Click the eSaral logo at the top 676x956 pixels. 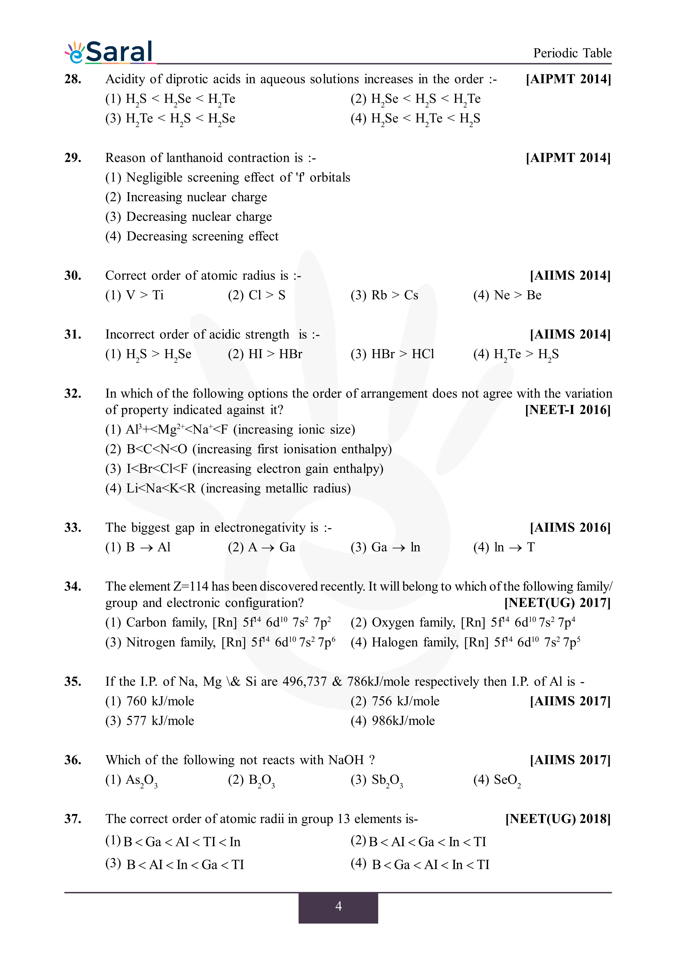pyautogui.click(x=109, y=52)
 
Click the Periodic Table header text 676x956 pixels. pyautogui.click(x=572, y=53)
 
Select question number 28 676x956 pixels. pyautogui.click(x=73, y=79)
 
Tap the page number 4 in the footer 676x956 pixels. pyautogui.click(x=338, y=906)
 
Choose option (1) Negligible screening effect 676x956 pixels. pyautogui.click(x=227, y=177)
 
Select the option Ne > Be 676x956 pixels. pyautogui.click(x=507, y=295)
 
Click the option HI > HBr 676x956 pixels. pyautogui.click(x=265, y=354)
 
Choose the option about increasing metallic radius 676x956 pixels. pyautogui.click(x=228, y=488)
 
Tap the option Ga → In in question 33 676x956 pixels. pyautogui.click(x=385, y=547)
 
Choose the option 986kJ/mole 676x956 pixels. pyautogui.click(x=392, y=721)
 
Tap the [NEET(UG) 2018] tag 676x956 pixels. pyautogui.click(x=558, y=819)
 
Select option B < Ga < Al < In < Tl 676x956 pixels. pyautogui.click(x=420, y=865)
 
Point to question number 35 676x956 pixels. pyautogui.click(x=73, y=682)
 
